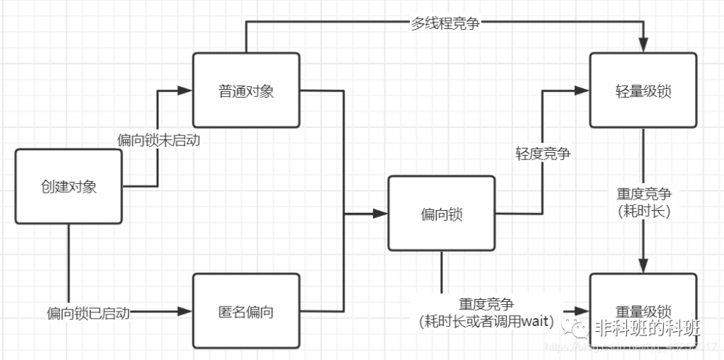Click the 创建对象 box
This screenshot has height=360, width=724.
pos(69,187)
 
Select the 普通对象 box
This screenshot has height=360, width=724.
pos(246,91)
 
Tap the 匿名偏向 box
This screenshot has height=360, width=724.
pos(246,312)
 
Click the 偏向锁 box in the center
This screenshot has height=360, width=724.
pos(442,214)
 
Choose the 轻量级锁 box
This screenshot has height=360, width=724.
pos(644,91)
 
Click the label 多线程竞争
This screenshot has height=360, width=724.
pos(445,22)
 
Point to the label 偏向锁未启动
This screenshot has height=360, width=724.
pos(158,140)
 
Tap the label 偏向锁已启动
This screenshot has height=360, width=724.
pos(88,313)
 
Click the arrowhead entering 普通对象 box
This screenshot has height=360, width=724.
pos(185,91)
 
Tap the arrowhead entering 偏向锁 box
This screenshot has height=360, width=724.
pos(381,214)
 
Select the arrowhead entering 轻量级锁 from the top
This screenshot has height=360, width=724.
pos(644,46)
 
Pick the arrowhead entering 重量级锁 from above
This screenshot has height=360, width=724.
pos(644,267)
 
